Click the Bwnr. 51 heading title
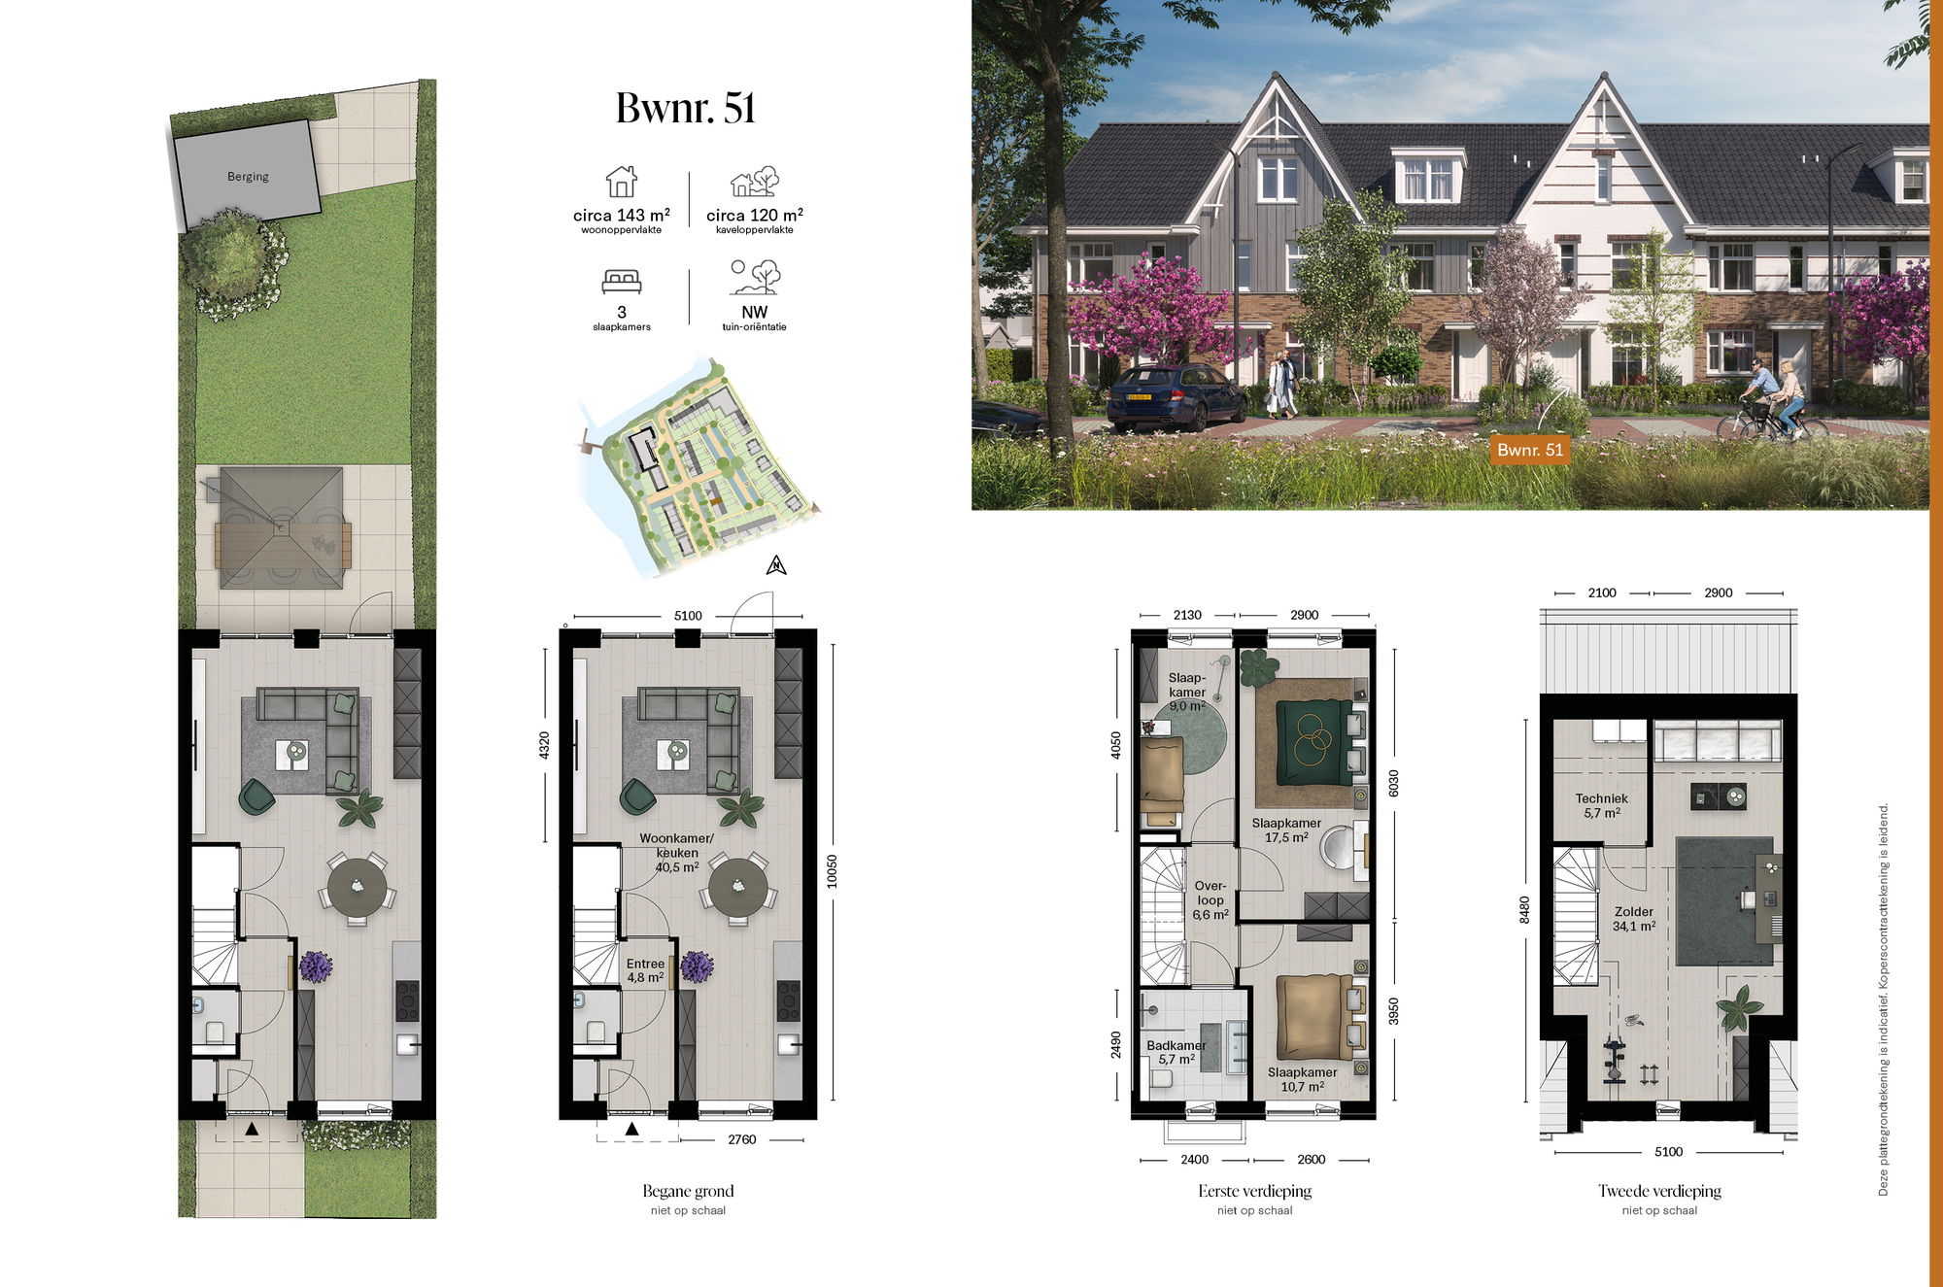(x=686, y=108)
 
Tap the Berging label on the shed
(x=248, y=177)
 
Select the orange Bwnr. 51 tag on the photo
(x=1530, y=450)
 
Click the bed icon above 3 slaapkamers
(x=622, y=282)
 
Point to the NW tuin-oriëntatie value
(x=754, y=312)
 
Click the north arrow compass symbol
(x=776, y=564)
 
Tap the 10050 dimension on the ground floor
(x=832, y=871)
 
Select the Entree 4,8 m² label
(x=645, y=970)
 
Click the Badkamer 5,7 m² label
(x=1176, y=1053)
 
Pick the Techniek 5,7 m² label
(x=1602, y=805)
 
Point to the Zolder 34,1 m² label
(x=1634, y=919)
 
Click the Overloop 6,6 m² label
(x=1210, y=900)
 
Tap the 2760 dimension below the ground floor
(x=741, y=1139)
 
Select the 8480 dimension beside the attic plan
(x=1524, y=909)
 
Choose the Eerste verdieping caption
(x=1254, y=1191)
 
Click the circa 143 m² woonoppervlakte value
(x=622, y=215)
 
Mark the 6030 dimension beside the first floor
(x=1394, y=783)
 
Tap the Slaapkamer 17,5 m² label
(x=1286, y=830)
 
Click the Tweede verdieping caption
(x=1659, y=1191)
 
